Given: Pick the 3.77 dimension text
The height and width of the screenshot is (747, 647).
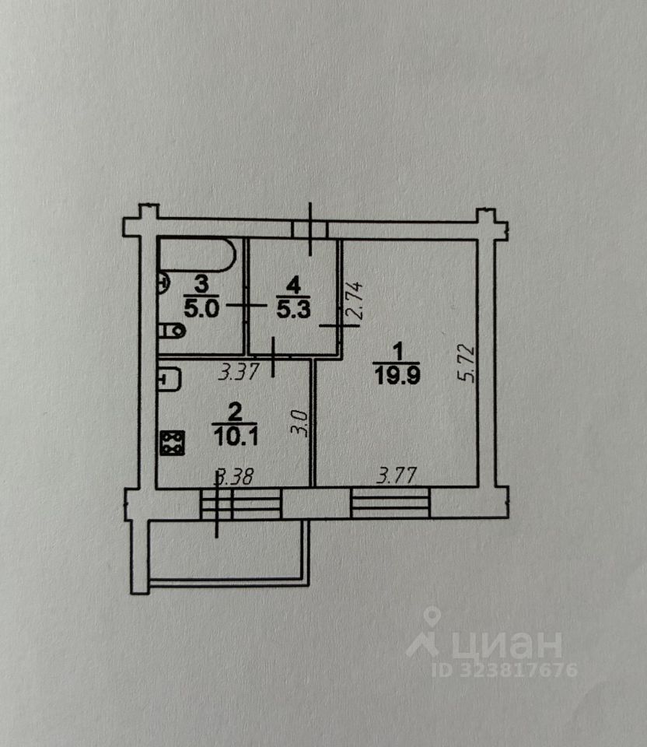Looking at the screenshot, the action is click(x=396, y=474).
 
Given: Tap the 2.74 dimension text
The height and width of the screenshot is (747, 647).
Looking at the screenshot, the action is click(x=355, y=303).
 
